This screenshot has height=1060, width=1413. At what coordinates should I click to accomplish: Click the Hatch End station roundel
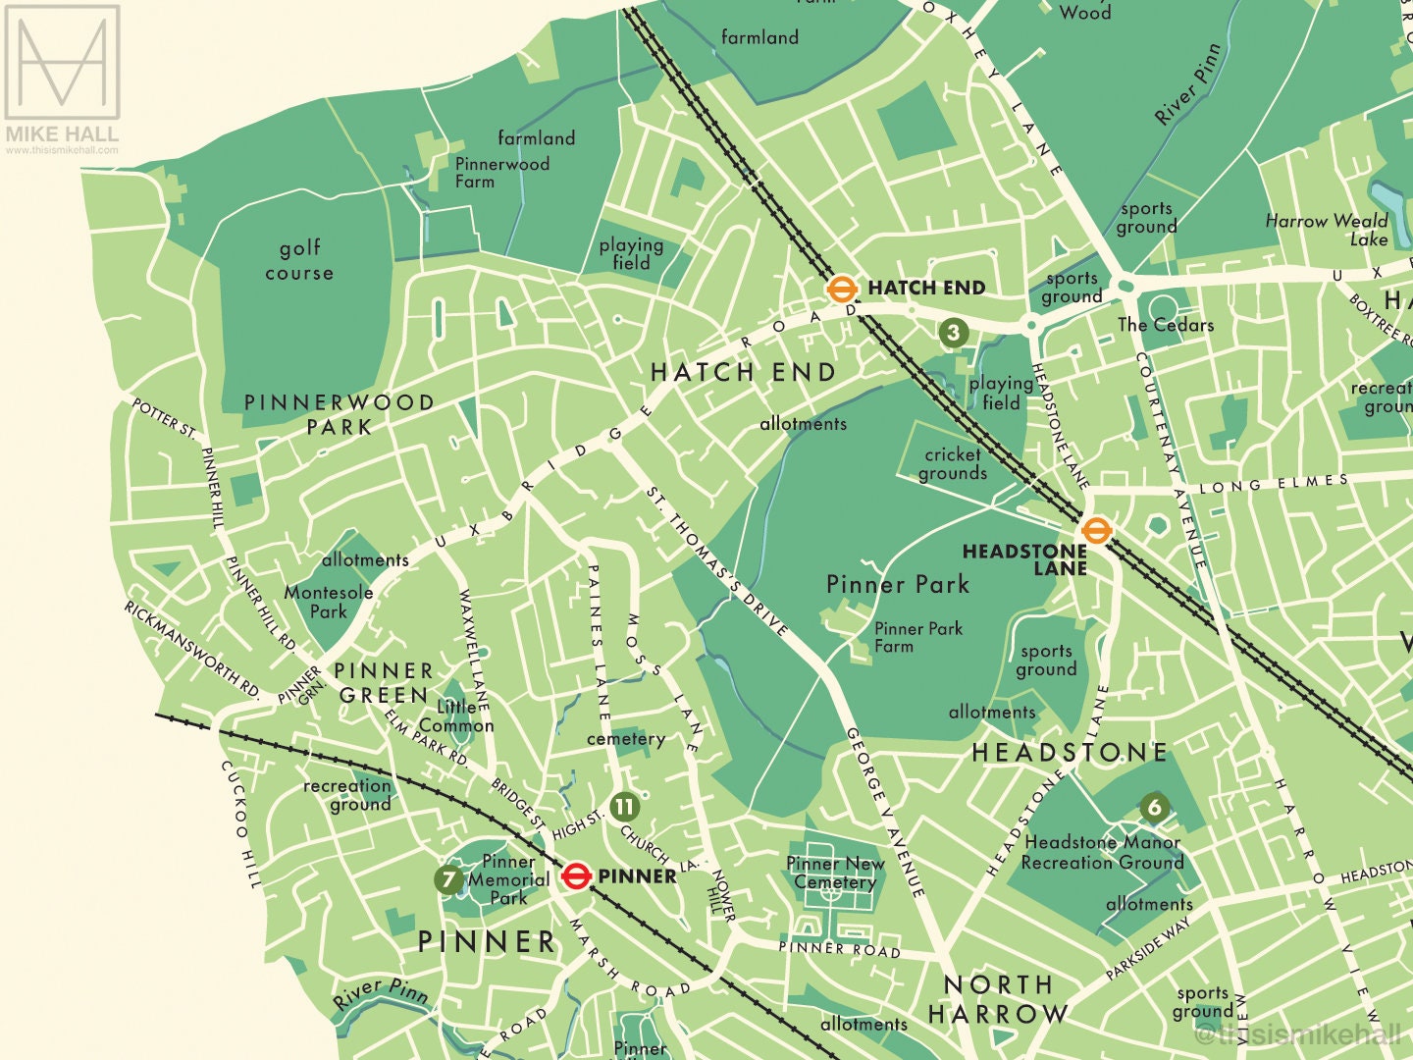point(841,289)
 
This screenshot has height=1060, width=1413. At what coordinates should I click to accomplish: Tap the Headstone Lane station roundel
point(1096,531)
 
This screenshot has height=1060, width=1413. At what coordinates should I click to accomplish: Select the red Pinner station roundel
point(576,875)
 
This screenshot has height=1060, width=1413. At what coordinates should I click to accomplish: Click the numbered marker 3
point(953,333)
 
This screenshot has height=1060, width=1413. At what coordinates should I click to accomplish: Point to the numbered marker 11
point(624,807)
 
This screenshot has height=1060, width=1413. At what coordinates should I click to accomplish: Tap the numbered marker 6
point(1154,807)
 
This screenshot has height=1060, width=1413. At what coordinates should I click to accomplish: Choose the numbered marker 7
point(448,879)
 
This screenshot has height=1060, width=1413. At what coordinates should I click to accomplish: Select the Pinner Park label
point(897,585)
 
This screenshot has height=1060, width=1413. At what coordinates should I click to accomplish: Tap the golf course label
point(299,260)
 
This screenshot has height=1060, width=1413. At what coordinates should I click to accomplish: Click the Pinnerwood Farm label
point(501,173)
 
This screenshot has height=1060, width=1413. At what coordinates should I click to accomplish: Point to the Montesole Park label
point(329,602)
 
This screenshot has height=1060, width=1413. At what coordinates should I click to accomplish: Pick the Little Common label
point(457,715)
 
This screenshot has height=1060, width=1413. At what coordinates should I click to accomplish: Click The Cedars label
point(1165,325)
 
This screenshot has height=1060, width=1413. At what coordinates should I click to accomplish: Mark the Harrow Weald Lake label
point(1327,230)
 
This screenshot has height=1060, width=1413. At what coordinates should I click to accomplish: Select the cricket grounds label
point(952,463)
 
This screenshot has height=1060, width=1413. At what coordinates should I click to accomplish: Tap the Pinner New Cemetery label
point(835,873)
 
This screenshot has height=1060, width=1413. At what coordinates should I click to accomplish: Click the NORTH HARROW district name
point(998,999)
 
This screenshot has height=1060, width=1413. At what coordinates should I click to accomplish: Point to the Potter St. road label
point(164,417)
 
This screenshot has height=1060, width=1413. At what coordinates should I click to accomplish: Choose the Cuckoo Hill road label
point(240,824)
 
